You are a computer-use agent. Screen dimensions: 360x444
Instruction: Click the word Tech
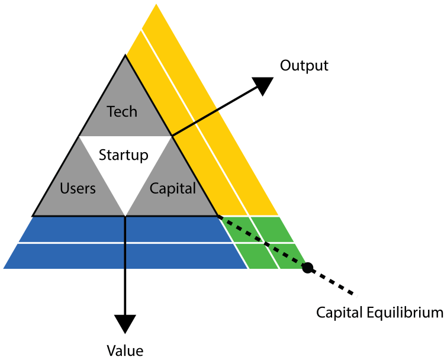tap(122, 111)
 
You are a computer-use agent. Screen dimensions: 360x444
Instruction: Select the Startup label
tap(123, 155)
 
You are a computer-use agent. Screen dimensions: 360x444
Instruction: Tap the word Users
tap(78, 189)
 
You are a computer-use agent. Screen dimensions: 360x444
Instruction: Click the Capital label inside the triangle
tap(172, 189)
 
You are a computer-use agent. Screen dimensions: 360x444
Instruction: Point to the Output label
tap(304, 65)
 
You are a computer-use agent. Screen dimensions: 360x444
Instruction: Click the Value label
tap(125, 349)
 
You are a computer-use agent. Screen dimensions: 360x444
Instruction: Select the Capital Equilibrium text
tap(379, 312)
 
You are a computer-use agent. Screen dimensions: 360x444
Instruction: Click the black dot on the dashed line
tap(307, 268)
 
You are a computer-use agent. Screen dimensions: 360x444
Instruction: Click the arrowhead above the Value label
tap(125, 323)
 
